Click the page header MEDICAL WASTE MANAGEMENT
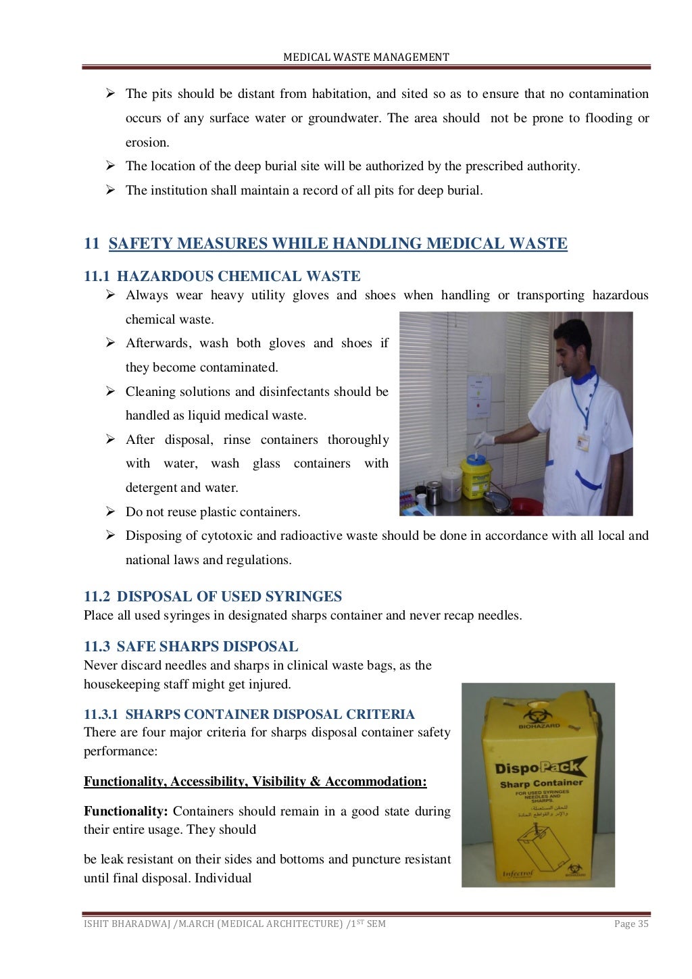(x=366, y=57)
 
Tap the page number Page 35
(x=631, y=924)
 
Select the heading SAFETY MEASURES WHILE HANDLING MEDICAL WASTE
(x=338, y=244)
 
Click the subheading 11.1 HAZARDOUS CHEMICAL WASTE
(x=222, y=276)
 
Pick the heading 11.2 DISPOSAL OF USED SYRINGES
(x=213, y=597)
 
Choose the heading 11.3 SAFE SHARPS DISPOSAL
(x=191, y=647)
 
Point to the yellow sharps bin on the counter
(x=476, y=476)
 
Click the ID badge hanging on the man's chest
(x=583, y=443)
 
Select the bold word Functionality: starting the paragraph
(x=126, y=811)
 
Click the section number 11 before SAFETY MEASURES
(x=91, y=244)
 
